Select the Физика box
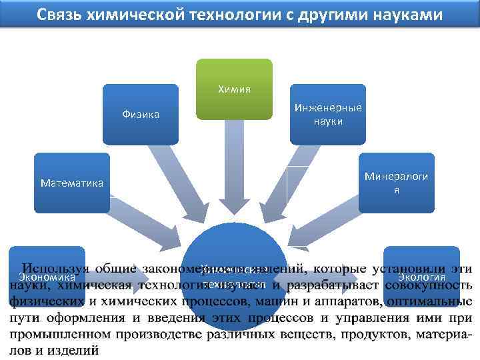point(141,114)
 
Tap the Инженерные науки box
point(327,114)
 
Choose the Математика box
point(72,182)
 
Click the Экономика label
point(47,277)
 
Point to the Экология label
point(421,277)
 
